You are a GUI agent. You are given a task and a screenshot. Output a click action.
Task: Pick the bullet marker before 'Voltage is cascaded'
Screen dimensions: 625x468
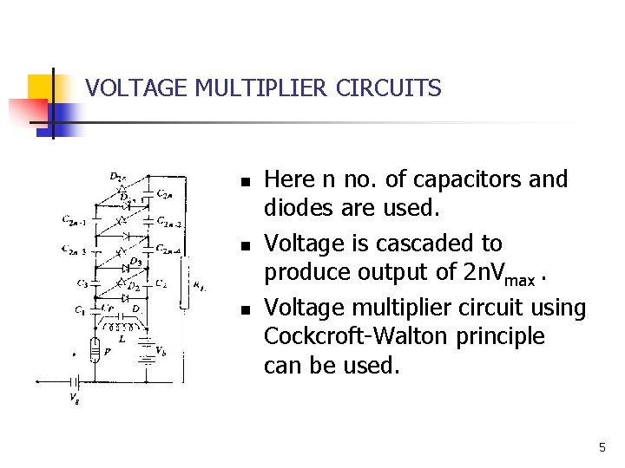(246, 246)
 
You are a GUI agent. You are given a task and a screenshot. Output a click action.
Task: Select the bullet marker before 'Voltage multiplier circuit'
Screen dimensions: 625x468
(246, 309)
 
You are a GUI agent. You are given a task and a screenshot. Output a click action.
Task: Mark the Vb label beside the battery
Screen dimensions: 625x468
(161, 350)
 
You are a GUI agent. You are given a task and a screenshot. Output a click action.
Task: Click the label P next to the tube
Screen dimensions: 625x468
(107, 352)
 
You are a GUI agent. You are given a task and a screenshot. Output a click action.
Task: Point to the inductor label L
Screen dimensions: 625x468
(122, 339)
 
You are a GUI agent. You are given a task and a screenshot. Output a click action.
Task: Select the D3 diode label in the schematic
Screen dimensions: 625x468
(135, 261)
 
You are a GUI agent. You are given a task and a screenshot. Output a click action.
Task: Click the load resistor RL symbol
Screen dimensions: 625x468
(184, 282)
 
